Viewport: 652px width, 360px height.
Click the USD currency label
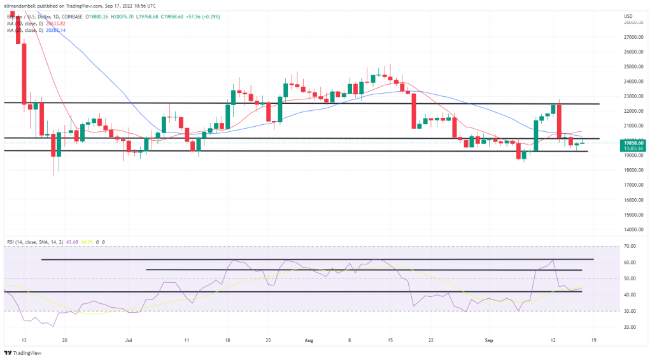628,15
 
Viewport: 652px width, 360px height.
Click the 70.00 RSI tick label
630,246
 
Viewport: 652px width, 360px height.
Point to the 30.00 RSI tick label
630,311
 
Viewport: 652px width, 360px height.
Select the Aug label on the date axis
309,340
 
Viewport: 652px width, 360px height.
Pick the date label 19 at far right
594,340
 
